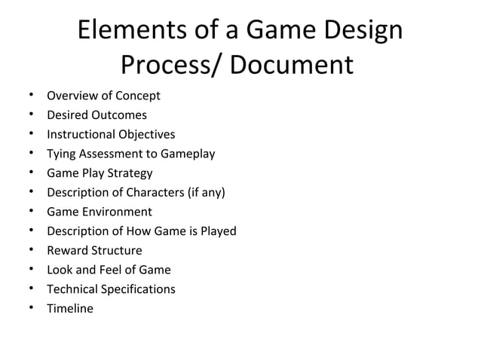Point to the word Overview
72,96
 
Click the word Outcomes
119,115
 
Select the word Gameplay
187,154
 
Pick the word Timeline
70,308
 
